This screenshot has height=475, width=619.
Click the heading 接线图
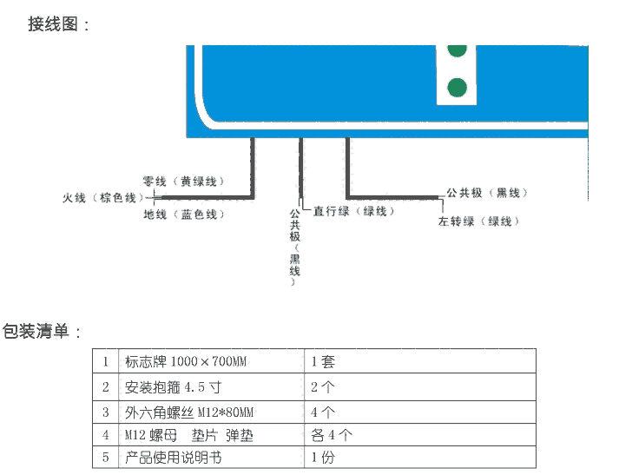click(57, 24)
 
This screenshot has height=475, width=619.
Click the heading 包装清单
click(41, 331)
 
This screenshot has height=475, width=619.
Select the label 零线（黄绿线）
click(183, 181)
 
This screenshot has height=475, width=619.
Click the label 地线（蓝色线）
click(183, 214)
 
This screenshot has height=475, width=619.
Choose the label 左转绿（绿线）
click(479, 221)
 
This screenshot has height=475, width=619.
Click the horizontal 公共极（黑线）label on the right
click(486, 193)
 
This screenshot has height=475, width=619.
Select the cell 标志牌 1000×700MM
click(185, 360)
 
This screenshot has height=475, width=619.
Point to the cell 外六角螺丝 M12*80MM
click(189, 412)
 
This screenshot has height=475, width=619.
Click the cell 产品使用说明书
click(174, 457)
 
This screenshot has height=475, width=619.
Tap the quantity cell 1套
click(322, 360)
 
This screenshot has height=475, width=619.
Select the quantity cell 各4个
click(331, 434)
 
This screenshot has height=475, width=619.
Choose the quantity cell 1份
click(322, 457)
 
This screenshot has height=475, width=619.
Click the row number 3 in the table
click(105, 412)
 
